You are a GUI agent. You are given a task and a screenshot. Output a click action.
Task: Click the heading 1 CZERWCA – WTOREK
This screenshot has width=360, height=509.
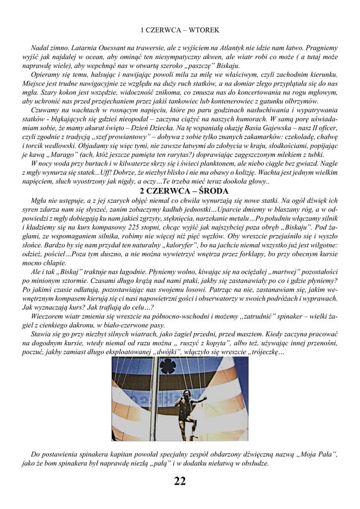[x=180, y=30]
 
